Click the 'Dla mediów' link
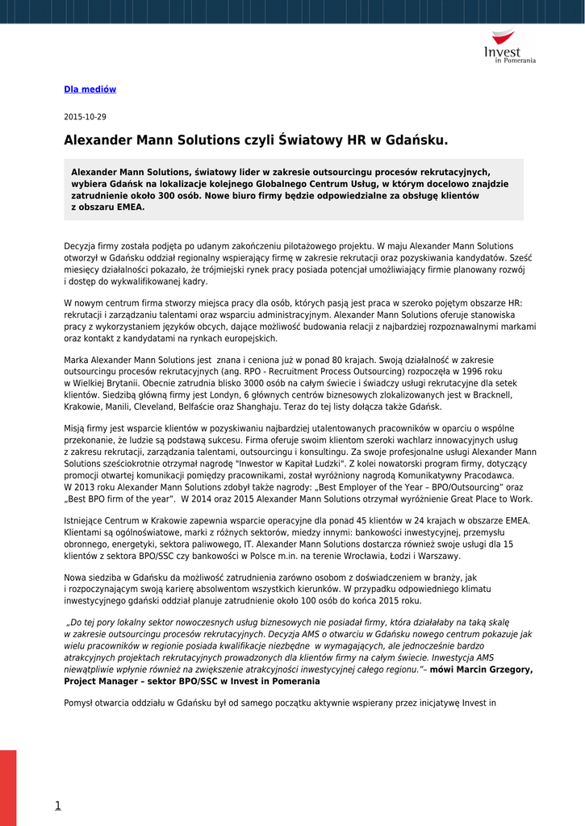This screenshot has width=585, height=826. click(90, 90)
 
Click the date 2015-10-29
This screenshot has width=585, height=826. click(85, 117)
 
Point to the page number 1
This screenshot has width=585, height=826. click(57, 805)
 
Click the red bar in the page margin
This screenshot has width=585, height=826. click(8, 787)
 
